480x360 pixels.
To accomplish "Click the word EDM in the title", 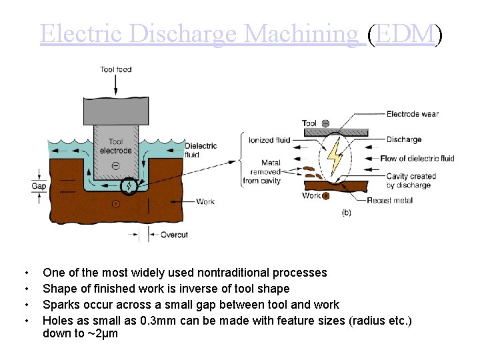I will coord(405,33).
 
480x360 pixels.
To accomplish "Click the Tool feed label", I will coord(115,69).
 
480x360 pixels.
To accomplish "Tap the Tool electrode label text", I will coord(115,145).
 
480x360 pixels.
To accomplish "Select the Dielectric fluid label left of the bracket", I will coord(201,150).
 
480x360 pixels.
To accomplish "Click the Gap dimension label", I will coord(39,186).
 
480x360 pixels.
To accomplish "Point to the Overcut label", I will coord(174,235).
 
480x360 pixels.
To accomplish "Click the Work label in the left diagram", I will coord(205,201).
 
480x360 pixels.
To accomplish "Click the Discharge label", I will coord(404,139).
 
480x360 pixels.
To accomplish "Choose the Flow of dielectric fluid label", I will coord(417,159).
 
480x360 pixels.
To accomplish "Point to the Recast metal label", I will coord(389,201).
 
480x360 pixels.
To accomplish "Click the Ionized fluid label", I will coord(269,140).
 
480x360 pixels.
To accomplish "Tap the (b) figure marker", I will coord(346,213).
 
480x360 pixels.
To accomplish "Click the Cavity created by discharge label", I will coord(411,181).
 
